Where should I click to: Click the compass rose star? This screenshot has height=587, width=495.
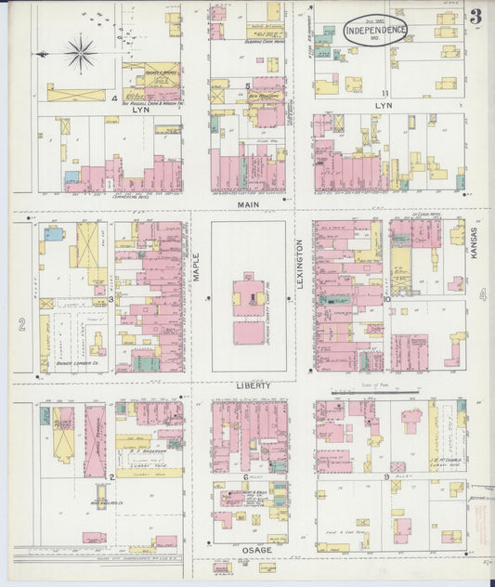point(81,53)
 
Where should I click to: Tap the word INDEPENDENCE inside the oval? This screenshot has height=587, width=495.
point(375,31)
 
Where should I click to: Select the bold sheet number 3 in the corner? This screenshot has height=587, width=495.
point(475,16)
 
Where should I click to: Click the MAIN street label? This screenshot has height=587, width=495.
point(248,203)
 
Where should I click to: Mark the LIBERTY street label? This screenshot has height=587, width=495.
point(253,385)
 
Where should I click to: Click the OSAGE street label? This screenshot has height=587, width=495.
point(256,551)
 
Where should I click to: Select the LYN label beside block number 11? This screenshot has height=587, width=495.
point(384,106)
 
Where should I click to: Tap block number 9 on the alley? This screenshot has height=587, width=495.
point(385,477)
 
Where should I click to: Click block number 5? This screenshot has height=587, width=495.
point(248,86)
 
